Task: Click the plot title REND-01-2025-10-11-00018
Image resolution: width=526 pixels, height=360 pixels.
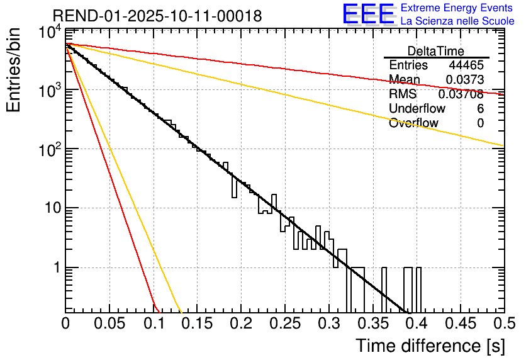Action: [x=157, y=16]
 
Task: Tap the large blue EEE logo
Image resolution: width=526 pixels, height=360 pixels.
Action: [x=368, y=14]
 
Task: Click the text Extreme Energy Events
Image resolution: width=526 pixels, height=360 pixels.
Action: [x=457, y=8]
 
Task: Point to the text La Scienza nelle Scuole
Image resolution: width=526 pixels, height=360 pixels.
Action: [x=457, y=21]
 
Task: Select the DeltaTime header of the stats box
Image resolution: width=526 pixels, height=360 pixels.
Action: [x=436, y=51]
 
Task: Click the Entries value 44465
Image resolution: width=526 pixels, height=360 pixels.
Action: [x=466, y=65]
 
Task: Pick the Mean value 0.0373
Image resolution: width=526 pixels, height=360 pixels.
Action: [x=465, y=79]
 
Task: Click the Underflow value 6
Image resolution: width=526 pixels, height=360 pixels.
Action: [x=480, y=109]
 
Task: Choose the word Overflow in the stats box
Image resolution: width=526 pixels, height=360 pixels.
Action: [x=413, y=123]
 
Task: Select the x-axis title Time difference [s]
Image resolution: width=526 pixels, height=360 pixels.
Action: [x=429, y=346]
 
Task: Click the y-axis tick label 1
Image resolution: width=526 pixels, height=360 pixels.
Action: [x=55, y=267]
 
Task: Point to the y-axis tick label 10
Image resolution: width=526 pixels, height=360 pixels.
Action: [x=49, y=208]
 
